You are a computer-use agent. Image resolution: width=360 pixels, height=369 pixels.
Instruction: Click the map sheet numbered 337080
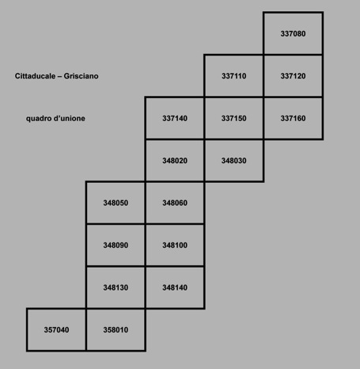pos(293,33)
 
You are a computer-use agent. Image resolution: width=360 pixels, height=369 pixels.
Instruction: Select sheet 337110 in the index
pos(234,76)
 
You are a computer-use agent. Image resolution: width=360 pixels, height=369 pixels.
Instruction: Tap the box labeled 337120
pos(293,76)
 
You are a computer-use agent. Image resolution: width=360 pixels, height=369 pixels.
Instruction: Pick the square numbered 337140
pos(175,118)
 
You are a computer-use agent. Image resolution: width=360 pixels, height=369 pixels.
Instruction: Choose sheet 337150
pos(234,118)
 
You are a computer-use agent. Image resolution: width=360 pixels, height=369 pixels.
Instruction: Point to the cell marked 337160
pos(293,118)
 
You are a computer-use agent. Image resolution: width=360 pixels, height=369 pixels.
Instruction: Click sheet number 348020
pos(175,161)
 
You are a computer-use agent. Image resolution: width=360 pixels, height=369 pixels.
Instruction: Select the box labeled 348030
pos(234,161)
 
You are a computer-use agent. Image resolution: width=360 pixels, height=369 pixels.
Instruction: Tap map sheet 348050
pos(116,203)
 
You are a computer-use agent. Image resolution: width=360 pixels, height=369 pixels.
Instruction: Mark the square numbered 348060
pos(175,203)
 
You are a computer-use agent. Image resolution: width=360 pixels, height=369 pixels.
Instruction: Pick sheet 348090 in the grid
pos(116,245)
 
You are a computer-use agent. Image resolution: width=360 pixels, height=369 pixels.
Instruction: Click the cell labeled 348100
pos(175,245)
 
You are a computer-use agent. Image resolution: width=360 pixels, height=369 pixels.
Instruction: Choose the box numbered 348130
pos(116,287)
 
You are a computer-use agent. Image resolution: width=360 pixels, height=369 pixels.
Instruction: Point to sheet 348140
pos(175,287)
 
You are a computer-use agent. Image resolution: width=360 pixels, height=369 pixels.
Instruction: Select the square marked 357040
pos(56,329)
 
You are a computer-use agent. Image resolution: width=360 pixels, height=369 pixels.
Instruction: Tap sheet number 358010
pos(116,329)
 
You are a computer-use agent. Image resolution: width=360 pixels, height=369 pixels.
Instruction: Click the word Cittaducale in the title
pos(35,76)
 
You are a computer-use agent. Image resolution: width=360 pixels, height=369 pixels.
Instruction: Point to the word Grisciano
pos(81,76)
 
